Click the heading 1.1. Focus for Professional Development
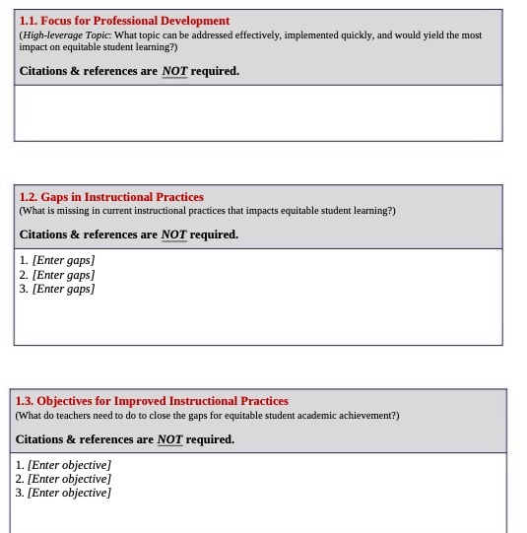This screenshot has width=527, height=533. click(x=124, y=21)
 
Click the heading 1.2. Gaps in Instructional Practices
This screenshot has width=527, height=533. click(x=111, y=197)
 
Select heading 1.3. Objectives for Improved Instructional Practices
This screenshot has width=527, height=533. click(x=152, y=401)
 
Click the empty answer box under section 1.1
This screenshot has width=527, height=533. click(x=258, y=112)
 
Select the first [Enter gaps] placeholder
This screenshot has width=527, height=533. click(x=64, y=260)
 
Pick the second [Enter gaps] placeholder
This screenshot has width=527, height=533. click(x=64, y=275)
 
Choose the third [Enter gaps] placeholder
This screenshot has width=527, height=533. click(x=64, y=290)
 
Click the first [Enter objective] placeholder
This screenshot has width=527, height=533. click(x=69, y=465)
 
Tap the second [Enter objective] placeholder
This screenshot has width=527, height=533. click(x=69, y=479)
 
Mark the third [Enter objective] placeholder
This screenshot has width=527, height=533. click(x=69, y=493)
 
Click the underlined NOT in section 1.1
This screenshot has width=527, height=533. click(x=174, y=71)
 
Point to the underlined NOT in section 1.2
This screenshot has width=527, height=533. click(x=173, y=234)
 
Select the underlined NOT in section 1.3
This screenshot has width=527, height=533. click(x=169, y=439)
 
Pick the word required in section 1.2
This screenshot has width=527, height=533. click(x=214, y=234)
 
